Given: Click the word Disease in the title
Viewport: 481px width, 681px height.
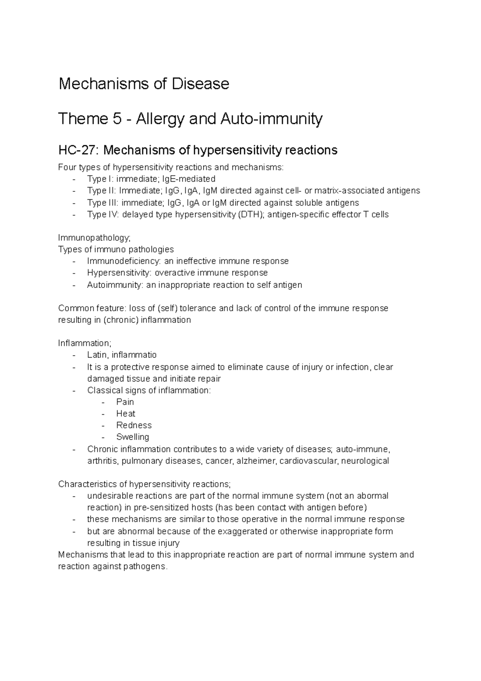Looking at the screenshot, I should tap(200, 84).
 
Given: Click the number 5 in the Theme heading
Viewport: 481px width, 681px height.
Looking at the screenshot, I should tap(117, 119).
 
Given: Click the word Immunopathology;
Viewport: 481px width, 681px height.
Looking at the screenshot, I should tap(94, 238).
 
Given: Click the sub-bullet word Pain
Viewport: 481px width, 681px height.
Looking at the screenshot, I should tap(125, 402).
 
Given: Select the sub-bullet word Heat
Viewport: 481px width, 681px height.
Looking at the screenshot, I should tap(125, 413).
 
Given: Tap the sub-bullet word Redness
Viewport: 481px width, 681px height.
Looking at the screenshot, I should tap(134, 425).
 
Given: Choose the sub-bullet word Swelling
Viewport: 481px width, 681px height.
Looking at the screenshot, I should tap(132, 437).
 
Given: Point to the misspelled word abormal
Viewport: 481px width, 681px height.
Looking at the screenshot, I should tap(372, 496).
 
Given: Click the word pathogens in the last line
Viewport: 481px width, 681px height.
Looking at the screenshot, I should tap(146, 567).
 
